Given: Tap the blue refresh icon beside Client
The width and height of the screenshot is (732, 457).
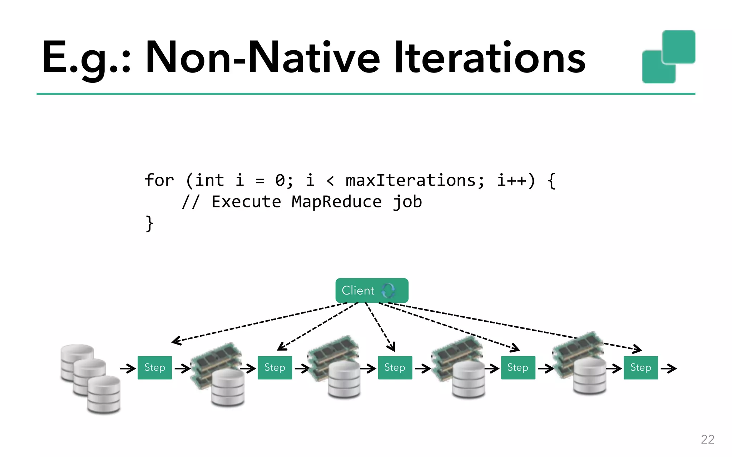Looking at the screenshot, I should click(x=388, y=291).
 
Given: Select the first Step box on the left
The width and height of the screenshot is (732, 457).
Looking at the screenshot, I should click(x=154, y=367).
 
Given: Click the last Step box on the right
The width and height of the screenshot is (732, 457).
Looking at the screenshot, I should click(x=640, y=367).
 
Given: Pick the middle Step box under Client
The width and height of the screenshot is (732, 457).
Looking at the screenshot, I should click(x=395, y=367).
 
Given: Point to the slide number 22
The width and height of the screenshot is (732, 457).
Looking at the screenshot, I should click(x=707, y=439).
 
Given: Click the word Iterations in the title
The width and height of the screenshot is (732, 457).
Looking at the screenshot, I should click(x=490, y=58).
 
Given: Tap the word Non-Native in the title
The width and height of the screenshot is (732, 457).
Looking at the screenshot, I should click(x=263, y=58).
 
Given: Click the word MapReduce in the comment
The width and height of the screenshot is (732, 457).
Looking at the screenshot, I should click(x=336, y=202).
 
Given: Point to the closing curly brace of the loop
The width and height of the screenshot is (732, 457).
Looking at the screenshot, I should click(x=149, y=224).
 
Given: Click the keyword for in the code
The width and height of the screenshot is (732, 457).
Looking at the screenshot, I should click(x=159, y=180).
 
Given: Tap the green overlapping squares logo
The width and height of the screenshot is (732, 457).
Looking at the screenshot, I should click(x=668, y=57).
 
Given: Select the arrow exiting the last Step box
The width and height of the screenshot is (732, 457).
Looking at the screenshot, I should click(x=668, y=368).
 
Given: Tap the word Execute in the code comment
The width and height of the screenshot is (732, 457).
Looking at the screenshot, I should click(x=246, y=202).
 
